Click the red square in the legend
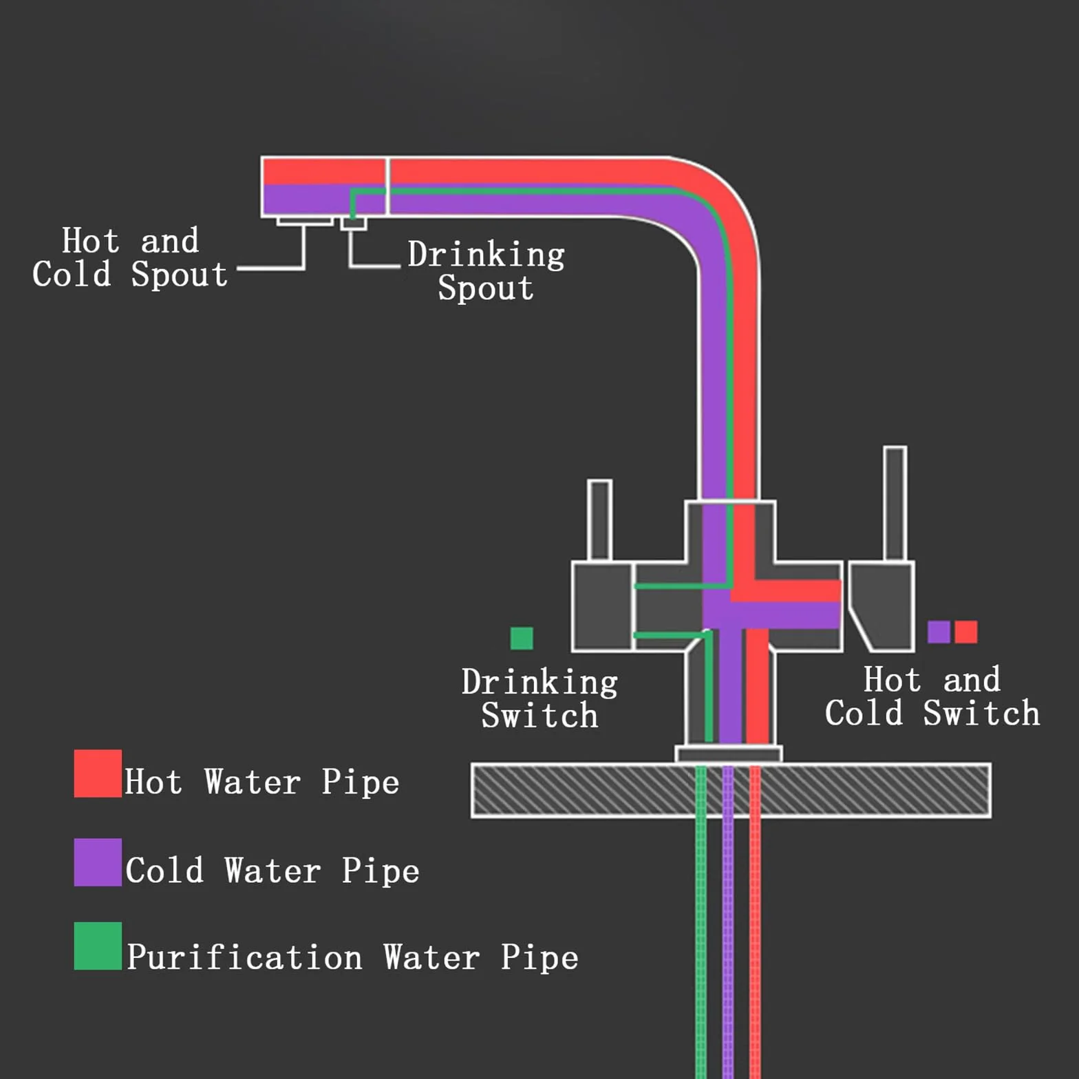point(98,773)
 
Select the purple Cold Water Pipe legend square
point(98,862)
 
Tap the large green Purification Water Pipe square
point(98,946)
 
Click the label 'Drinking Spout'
point(486,270)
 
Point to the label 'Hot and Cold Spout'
point(130,257)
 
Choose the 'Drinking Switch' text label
point(539,698)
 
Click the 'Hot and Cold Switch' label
point(932,696)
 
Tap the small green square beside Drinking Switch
point(522,638)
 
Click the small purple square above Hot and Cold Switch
point(939,632)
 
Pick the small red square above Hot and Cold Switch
point(966,632)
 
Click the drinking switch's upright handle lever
point(599,520)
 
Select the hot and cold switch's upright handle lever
point(895,504)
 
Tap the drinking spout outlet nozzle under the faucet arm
point(354,223)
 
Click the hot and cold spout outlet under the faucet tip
point(305,222)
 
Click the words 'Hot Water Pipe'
point(262,782)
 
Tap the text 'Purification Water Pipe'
point(352,957)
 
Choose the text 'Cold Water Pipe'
point(273,870)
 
